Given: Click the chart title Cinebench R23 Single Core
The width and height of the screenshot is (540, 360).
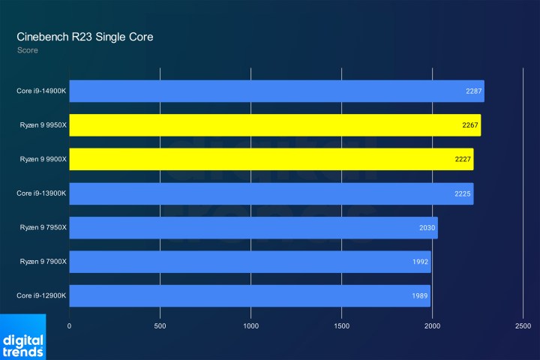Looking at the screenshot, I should [85, 37].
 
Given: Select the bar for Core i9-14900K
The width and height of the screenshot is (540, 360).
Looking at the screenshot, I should [276, 91].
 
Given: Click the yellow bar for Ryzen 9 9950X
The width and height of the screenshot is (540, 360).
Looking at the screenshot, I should [274, 125].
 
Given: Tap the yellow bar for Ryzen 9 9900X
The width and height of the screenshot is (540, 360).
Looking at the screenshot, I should [271, 160].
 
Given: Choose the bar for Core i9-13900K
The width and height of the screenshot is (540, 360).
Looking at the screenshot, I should [271, 193].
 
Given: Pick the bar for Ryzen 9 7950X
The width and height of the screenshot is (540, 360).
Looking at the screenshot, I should [253, 228].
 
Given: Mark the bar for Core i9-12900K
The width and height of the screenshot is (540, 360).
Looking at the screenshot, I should [250, 295].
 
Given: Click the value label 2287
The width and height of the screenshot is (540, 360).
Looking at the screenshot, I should [474, 91].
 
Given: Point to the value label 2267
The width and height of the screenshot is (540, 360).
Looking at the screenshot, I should [470, 125].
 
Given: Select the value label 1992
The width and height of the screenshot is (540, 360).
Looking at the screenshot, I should [420, 262].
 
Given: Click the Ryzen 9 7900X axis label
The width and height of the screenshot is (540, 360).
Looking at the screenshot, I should [42, 262].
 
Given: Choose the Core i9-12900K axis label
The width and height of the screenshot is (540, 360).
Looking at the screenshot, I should [42, 295].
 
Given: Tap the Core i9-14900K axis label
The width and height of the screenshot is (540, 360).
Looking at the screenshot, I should [42, 91].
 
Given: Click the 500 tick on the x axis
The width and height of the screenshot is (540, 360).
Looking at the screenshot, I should [160, 326].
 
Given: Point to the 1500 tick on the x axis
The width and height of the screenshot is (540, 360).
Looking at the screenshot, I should [341, 326].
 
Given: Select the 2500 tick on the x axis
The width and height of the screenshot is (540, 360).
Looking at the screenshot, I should [523, 326].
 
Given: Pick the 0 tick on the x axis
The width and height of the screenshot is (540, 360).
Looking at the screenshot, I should [70, 326].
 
